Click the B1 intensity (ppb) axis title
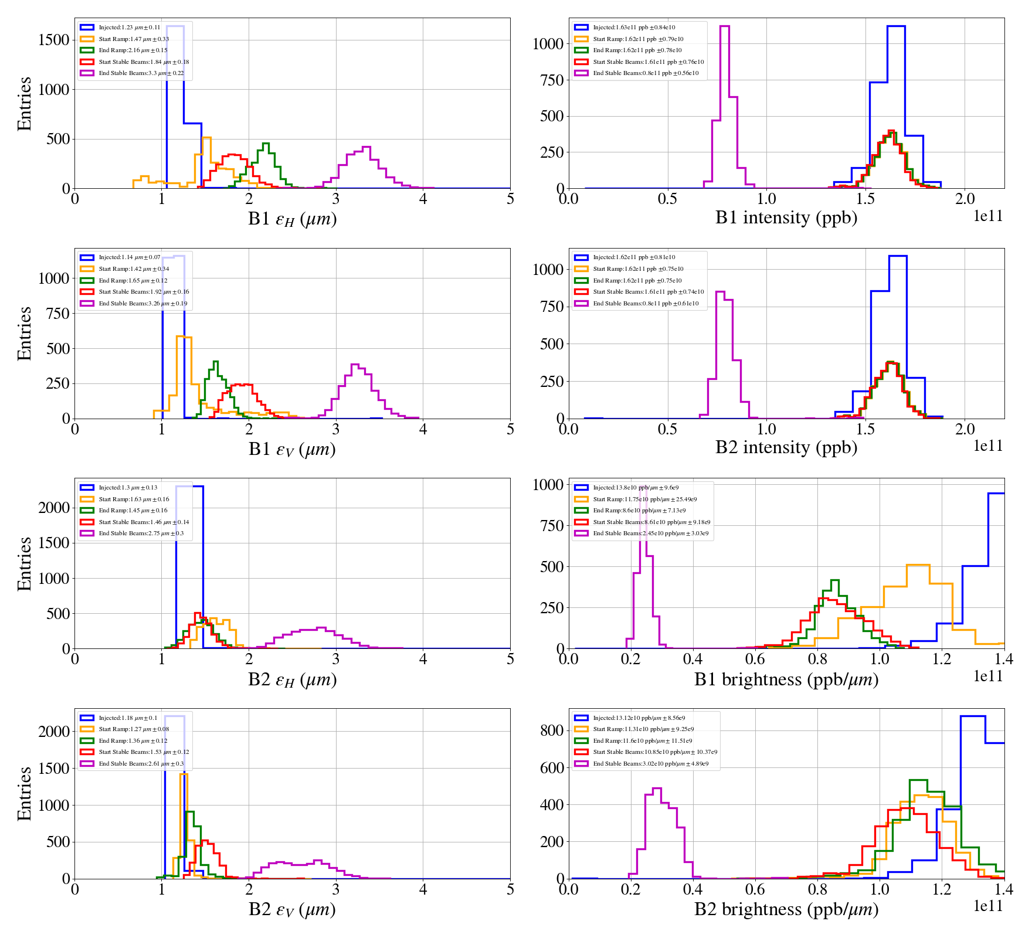786,218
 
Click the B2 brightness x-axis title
786,909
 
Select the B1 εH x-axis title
292,219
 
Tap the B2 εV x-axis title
292,910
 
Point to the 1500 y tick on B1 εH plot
54,40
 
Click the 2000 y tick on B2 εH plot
54,508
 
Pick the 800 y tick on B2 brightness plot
552,730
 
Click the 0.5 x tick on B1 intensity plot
667,199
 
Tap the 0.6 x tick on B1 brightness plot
755,659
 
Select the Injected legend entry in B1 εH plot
129,28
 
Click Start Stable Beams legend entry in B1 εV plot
144,292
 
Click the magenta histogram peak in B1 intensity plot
724,26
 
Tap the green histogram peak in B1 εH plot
266,144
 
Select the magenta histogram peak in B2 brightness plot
657,789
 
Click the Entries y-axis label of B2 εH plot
24,563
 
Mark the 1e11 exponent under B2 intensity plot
988,446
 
